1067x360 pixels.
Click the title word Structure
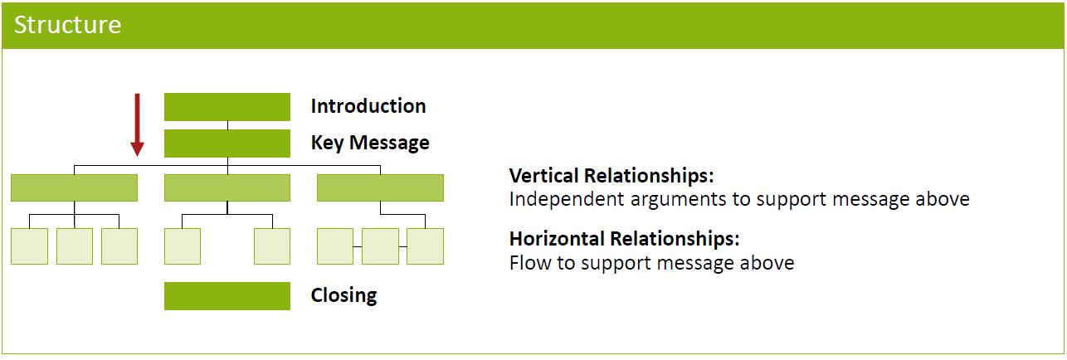point(68,25)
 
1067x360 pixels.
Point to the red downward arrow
point(137,124)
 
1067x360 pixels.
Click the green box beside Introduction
point(227,107)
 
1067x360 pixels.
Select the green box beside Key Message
point(227,144)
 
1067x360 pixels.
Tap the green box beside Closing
point(227,295)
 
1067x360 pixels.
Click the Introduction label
point(368,106)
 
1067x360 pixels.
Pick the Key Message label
point(370,143)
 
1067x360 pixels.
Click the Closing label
point(344,295)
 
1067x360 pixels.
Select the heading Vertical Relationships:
point(611,176)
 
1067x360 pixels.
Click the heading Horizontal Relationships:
point(625,239)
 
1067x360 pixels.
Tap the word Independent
point(567,200)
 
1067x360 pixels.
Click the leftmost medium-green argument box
point(75,187)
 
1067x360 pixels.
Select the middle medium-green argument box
point(227,187)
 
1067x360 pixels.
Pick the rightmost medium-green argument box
point(380,187)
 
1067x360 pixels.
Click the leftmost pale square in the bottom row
point(30,246)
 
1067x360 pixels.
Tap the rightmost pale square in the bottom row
point(425,246)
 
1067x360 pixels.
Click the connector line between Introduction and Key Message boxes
point(227,125)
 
